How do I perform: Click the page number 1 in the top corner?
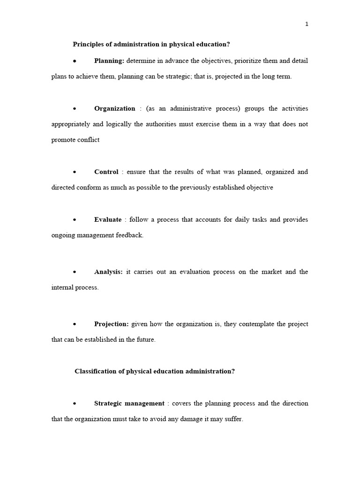(x=307, y=24)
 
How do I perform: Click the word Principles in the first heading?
(x=88, y=45)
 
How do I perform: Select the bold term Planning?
(x=109, y=61)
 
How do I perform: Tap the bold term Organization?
(x=115, y=109)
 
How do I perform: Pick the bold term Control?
(x=106, y=172)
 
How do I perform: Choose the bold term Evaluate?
(x=108, y=220)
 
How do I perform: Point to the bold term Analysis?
(x=108, y=272)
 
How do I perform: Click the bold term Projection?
(x=111, y=324)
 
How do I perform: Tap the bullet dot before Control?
(x=75, y=172)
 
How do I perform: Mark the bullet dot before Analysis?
(x=75, y=272)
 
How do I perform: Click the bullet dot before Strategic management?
(x=75, y=404)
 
